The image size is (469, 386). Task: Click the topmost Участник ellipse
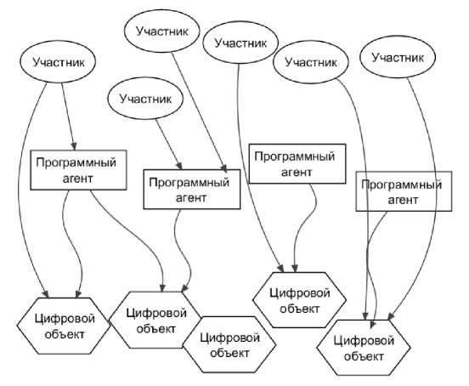point(161,31)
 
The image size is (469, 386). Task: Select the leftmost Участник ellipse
point(58,62)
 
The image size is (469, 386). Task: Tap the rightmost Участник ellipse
point(398,57)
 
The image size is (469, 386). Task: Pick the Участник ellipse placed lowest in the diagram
point(145,99)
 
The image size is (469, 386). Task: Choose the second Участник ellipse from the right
point(311,62)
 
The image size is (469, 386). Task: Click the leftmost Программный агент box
point(78,170)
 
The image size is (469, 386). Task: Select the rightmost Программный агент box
point(404,191)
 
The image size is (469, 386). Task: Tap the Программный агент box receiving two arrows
point(192,189)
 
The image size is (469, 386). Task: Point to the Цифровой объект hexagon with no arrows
point(229,344)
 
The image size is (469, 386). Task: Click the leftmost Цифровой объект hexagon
point(64,326)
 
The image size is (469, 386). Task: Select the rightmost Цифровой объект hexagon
point(364,348)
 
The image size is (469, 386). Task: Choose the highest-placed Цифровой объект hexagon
point(299,300)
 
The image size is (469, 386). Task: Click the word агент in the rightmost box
point(403,200)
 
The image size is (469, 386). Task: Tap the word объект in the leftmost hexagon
point(65,334)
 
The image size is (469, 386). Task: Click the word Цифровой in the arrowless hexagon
point(229,338)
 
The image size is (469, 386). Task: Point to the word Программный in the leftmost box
point(76,162)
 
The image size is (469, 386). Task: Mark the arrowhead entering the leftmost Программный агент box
point(74,146)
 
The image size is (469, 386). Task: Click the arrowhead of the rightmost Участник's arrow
point(391,316)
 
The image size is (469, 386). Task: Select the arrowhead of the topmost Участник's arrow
point(224,168)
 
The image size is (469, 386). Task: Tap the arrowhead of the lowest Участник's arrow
point(179,166)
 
